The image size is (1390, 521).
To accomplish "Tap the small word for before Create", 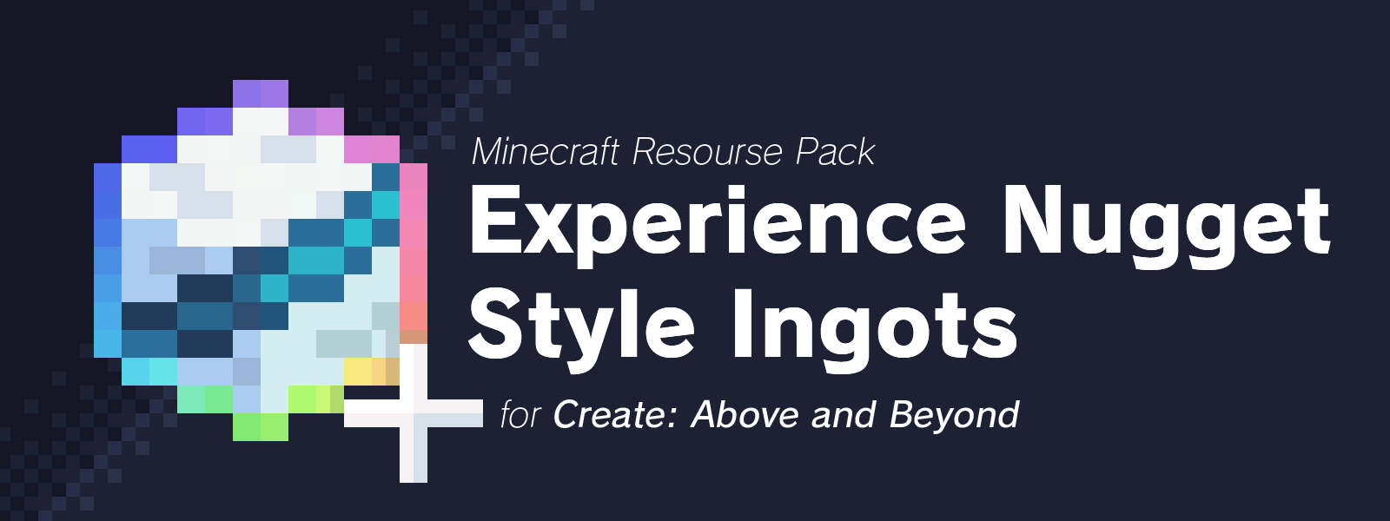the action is tap(520, 414).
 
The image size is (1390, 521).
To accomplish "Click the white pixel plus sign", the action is tap(414, 413).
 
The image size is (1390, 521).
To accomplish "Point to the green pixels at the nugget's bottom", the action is tap(261, 426).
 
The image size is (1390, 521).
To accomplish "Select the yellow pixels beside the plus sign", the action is tap(371, 371).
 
